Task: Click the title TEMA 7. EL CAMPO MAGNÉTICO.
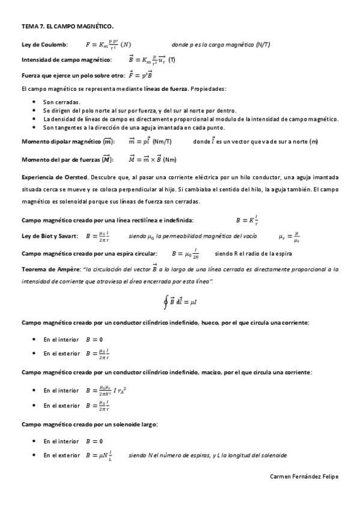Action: pyautogui.click(x=67, y=26)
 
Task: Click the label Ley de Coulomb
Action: pyautogui.click(x=44, y=44)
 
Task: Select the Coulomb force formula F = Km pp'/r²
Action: pyautogui.click(x=108, y=44)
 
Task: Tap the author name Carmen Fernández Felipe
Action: pyautogui.click(x=305, y=476)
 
